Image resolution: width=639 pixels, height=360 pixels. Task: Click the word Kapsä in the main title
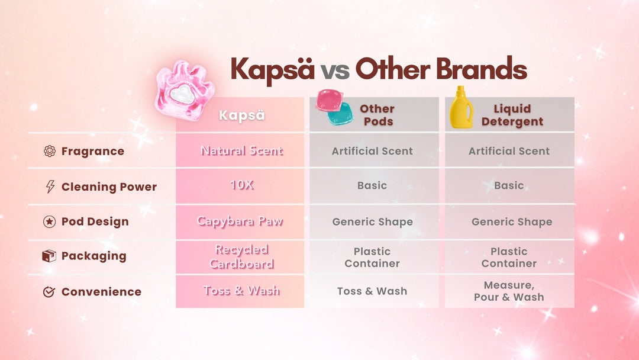click(272, 70)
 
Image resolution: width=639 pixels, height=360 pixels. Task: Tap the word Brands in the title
click(482, 69)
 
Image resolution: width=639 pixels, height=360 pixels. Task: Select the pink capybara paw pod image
click(185, 91)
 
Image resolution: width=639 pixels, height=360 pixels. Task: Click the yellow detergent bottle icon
click(461, 107)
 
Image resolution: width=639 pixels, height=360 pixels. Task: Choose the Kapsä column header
click(242, 115)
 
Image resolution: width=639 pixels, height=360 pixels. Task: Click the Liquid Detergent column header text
click(512, 115)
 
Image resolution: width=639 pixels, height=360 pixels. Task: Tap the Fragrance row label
click(93, 151)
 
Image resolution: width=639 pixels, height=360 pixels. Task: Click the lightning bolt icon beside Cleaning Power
click(50, 187)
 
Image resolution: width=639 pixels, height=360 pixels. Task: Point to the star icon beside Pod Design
click(49, 221)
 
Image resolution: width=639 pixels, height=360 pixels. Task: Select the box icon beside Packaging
click(49, 256)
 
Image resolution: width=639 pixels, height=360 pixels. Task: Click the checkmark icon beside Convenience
click(49, 291)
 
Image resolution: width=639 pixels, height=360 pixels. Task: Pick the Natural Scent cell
click(241, 151)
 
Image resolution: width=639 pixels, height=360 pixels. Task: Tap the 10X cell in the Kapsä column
click(242, 185)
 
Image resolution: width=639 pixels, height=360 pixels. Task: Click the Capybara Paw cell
click(240, 221)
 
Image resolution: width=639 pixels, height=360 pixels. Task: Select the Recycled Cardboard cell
click(241, 257)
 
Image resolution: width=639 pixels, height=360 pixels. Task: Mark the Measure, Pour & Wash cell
click(509, 291)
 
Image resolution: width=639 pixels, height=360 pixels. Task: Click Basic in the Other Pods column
click(372, 185)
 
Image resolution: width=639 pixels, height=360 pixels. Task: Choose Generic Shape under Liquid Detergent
click(512, 222)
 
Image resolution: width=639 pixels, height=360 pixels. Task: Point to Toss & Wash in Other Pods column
click(372, 291)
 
